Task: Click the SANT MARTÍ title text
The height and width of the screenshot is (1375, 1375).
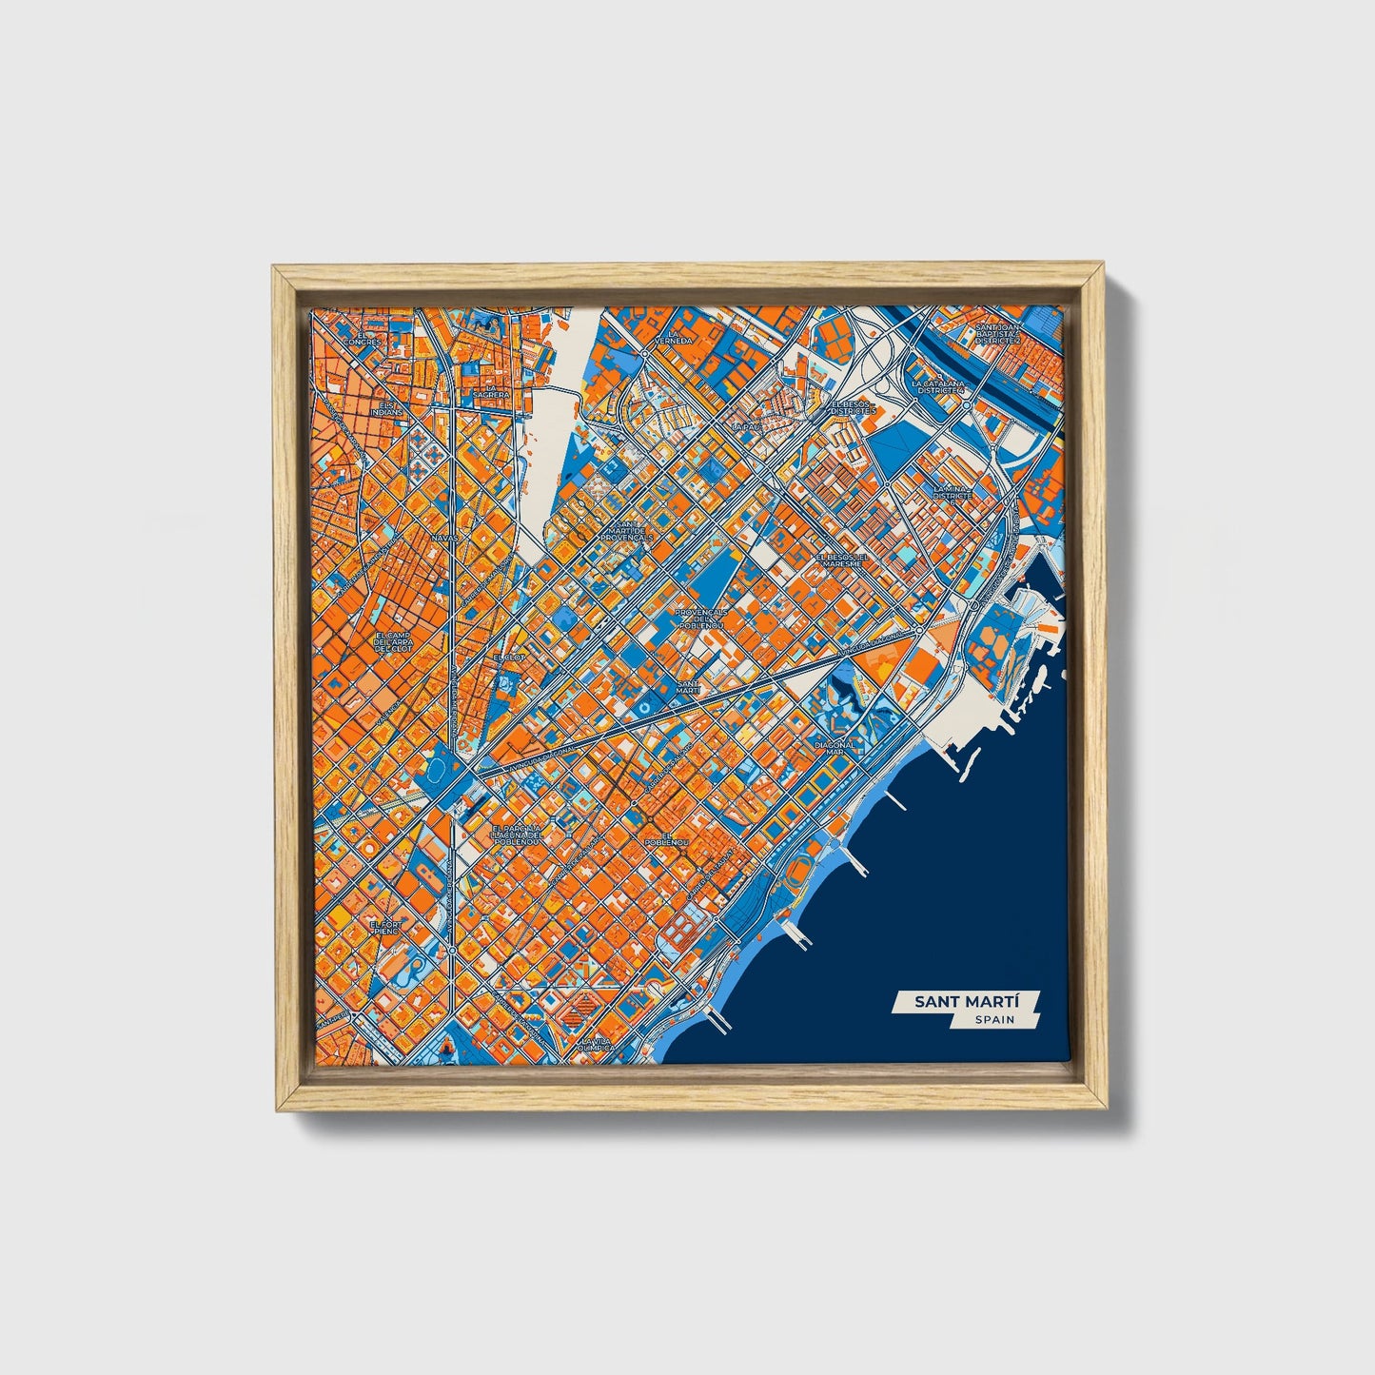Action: pos(964,1002)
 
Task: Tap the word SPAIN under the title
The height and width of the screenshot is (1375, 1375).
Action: pos(993,1020)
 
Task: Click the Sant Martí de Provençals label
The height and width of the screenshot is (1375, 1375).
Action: pos(626,531)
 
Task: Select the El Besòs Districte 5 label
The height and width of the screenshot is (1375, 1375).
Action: pos(851,407)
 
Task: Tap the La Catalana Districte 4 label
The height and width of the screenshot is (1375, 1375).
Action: pos(938,387)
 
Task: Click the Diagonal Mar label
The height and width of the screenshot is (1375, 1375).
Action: pos(835,748)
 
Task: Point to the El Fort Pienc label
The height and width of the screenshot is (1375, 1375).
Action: pos(387,927)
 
